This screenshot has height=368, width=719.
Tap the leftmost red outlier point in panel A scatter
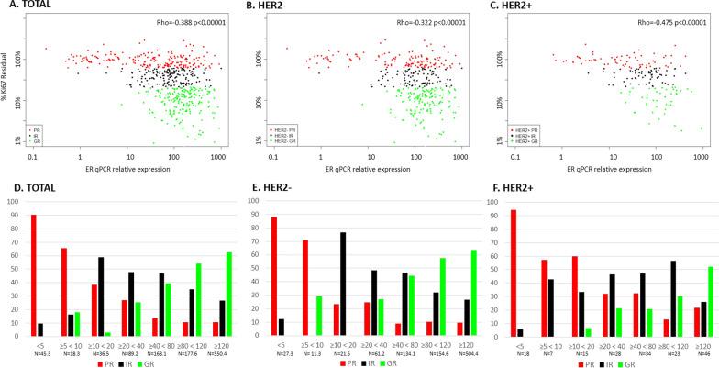(x=46, y=49)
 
